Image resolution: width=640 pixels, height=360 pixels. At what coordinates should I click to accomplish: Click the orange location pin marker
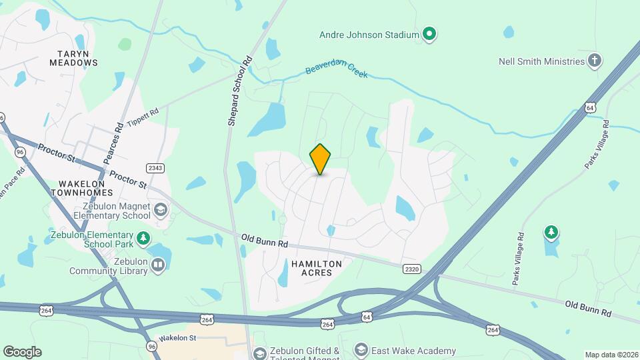point(320,159)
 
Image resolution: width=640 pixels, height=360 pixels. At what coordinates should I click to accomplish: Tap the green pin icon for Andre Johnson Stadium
point(430,34)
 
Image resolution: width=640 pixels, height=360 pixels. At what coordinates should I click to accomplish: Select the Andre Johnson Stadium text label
point(369,34)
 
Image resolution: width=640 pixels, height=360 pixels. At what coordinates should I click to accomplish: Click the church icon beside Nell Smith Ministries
point(595,61)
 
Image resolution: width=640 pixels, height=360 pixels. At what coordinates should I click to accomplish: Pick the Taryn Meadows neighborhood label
point(73,57)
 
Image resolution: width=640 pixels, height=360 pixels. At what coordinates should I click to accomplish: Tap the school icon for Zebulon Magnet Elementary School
point(160,211)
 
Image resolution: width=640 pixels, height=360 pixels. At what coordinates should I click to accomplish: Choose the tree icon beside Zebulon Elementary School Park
point(143,238)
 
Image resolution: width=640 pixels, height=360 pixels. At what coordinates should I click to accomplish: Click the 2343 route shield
point(155,168)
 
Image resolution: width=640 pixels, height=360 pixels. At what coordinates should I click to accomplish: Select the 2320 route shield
point(412,269)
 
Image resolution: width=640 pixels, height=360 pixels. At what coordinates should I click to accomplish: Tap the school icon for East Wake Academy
point(361,351)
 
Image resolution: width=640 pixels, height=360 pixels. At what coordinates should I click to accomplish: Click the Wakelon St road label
point(178,338)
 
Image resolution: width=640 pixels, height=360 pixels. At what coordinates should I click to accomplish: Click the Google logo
point(23,351)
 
